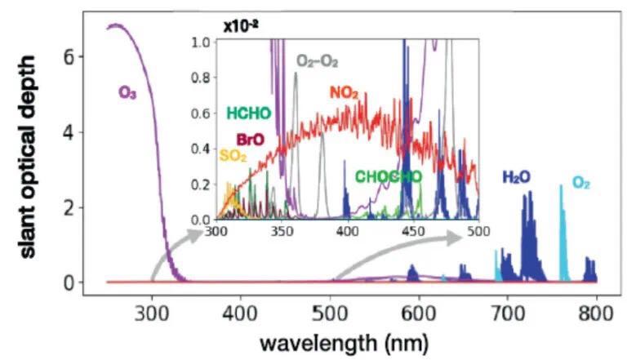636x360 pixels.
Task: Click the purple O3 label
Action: click(x=127, y=92)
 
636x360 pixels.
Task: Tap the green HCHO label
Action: click(x=248, y=113)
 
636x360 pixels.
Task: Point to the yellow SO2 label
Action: click(x=233, y=155)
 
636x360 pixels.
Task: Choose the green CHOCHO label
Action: click(x=388, y=176)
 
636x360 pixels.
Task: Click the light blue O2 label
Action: click(x=581, y=183)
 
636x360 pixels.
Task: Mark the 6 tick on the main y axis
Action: click(x=70, y=57)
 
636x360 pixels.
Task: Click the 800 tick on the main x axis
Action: click(x=595, y=312)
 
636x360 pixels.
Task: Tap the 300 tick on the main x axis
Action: click(x=152, y=312)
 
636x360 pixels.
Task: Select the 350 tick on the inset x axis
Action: click(x=282, y=232)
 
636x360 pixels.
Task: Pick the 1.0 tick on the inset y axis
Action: click(x=200, y=40)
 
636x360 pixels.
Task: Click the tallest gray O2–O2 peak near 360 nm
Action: click(x=295, y=74)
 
